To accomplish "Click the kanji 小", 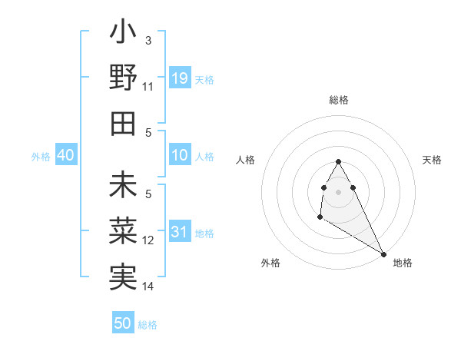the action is [x=123, y=35].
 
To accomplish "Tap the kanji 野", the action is [x=123, y=78].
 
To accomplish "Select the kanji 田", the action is [x=123, y=122].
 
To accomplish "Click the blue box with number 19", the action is [x=180, y=78].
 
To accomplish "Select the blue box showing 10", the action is [x=180, y=156].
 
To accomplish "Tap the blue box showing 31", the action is [x=180, y=233].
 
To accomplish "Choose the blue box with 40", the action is [x=65, y=156].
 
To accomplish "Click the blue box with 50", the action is [x=123, y=323].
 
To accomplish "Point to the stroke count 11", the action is [x=148, y=86].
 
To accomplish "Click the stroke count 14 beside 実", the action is [x=148, y=286].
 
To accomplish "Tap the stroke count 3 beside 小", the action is [x=148, y=40].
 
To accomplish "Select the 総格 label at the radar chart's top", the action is [x=338, y=100].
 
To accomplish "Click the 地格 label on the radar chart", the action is [x=403, y=263].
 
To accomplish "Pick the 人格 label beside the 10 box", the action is [x=204, y=157].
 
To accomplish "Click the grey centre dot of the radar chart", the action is [x=338, y=190].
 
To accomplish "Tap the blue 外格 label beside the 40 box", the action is [x=41, y=157].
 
